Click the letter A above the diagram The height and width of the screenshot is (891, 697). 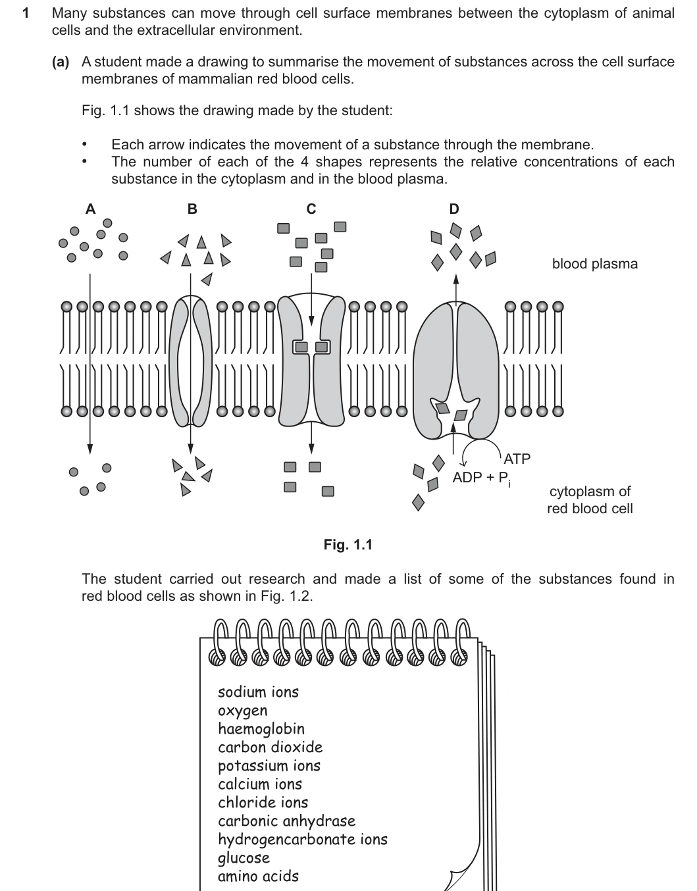pos(90,209)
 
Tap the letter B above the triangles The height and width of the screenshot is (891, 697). pos(192,209)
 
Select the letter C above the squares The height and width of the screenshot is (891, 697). pos(311,209)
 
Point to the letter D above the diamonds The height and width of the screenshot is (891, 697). pos(454,209)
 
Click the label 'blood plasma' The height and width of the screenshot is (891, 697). pos(595,264)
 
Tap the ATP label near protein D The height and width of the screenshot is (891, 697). pos(517,459)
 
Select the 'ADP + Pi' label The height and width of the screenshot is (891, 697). pos(482,478)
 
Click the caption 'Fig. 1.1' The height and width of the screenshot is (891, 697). pos(348,544)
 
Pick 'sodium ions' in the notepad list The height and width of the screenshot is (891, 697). pos(258,692)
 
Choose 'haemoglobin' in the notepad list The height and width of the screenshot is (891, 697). pos(261,728)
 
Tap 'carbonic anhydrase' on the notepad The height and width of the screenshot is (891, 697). pos(287,821)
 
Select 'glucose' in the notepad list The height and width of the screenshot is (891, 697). pos(244,858)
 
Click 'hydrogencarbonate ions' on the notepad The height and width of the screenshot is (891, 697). pos(303,839)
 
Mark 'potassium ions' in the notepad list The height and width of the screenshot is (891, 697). pos(269,766)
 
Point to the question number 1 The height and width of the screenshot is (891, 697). pos(26,14)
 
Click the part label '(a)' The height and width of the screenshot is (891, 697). pos(61,62)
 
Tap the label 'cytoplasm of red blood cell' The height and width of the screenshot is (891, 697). pos(590,500)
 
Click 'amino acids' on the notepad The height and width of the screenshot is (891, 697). pos(258,877)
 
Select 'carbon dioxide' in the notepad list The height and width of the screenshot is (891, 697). pos(271,747)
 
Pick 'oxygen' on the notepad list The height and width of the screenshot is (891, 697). pos(243,711)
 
